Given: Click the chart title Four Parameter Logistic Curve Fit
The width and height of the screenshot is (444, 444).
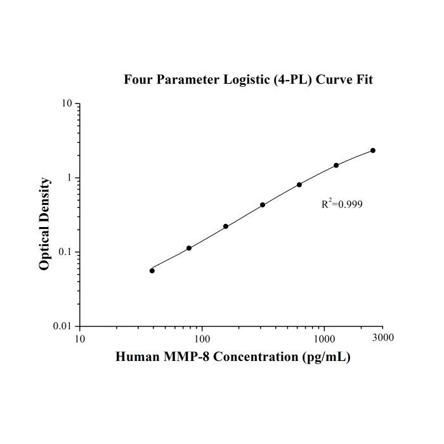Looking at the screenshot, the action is point(249,79).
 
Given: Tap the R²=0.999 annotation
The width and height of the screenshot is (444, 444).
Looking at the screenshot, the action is point(342,204).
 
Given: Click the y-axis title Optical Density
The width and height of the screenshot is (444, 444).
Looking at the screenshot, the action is point(44,224).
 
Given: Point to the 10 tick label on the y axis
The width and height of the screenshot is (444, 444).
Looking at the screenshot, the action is point(67,103).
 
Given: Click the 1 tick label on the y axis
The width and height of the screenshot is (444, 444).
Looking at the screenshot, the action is point(69,178).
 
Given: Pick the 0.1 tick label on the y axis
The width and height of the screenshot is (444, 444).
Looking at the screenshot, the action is point(66,252).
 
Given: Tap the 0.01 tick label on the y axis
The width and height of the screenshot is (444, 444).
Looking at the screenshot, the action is point(63,326).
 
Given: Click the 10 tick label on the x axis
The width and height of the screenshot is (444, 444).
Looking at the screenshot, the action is point(80,339).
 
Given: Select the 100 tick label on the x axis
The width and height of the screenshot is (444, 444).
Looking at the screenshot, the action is point(202,339).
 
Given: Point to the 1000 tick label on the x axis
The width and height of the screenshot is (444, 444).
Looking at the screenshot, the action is point(324,339).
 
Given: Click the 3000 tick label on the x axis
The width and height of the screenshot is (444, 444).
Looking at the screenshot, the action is point(383,337).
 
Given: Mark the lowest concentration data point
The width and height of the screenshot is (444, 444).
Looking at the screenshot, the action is point(152,271).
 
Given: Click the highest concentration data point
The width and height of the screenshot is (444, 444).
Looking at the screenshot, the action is point(373,150).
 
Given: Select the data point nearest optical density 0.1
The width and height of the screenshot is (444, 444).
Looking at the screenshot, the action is point(189,248).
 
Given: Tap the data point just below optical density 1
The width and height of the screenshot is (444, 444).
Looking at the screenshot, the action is point(299,185).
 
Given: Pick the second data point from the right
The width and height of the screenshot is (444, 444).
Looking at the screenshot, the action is point(336,165).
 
